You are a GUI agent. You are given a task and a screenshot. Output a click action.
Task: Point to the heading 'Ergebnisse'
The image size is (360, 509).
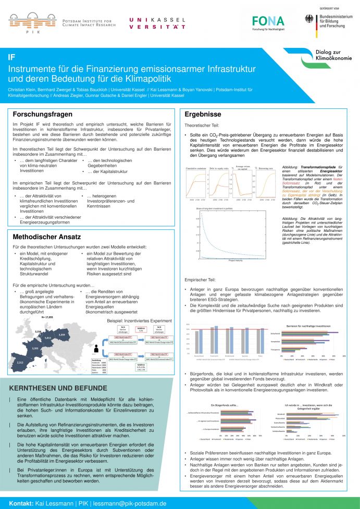pyautogui.click(x=203, y=114)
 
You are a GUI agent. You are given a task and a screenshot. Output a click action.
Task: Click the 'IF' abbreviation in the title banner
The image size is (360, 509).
pyautogui.click(x=11, y=57)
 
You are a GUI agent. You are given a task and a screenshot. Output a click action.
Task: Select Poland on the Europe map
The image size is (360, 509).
pyautogui.click(x=61, y=334)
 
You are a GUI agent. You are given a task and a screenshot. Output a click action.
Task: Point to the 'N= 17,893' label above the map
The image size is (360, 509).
pyautogui.click(x=48, y=316)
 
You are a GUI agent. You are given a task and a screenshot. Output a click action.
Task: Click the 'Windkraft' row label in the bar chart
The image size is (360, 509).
pyautogui.click(x=294, y=414)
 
